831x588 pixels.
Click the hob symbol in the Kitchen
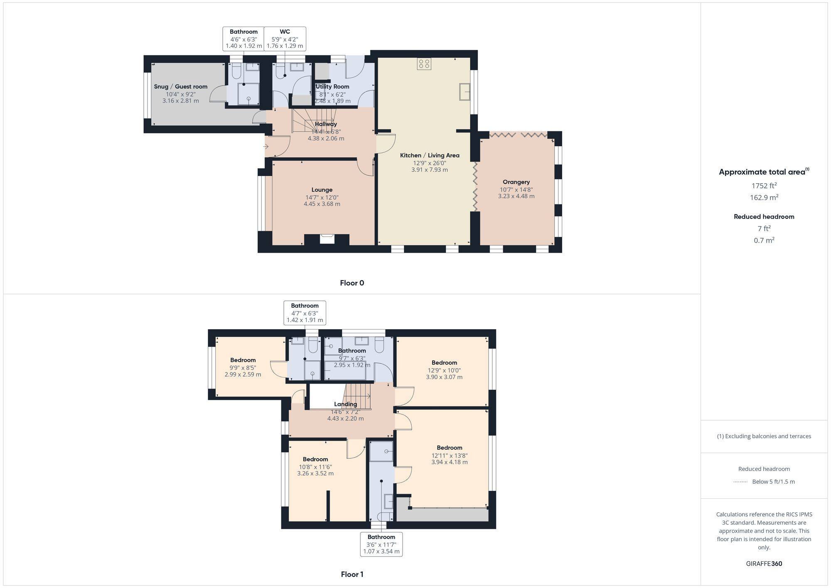424,64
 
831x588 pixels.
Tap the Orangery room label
516,182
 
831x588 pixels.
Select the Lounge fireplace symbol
327,239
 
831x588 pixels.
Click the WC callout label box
285,39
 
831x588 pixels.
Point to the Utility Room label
332,86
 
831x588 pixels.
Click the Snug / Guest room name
180,86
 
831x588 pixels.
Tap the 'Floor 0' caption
352,283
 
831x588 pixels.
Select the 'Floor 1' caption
352,574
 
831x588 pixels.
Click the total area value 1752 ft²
764,185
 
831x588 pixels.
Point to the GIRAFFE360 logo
764,563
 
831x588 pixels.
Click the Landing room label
345,404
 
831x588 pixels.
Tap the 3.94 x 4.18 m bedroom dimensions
449,462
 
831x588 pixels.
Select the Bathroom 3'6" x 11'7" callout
381,544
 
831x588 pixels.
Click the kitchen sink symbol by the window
465,91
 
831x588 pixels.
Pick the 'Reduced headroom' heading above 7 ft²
764,217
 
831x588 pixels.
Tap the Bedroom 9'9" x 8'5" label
243,360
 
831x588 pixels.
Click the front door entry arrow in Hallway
266,147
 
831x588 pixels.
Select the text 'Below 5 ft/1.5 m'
773,482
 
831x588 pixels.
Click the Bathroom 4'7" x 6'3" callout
305,312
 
